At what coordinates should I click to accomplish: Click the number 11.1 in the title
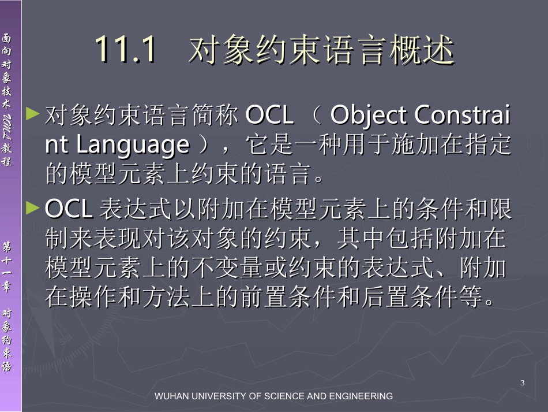pos(125,50)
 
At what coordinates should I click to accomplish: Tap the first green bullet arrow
pos(33,113)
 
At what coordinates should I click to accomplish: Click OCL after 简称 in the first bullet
pos(269,116)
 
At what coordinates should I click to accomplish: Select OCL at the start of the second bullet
pos(69,210)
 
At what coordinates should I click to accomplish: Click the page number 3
pos(523,383)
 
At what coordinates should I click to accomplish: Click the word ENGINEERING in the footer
pos(361,396)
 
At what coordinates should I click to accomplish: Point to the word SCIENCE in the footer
pos(283,396)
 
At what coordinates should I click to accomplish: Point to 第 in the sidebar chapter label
pos(7,246)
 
